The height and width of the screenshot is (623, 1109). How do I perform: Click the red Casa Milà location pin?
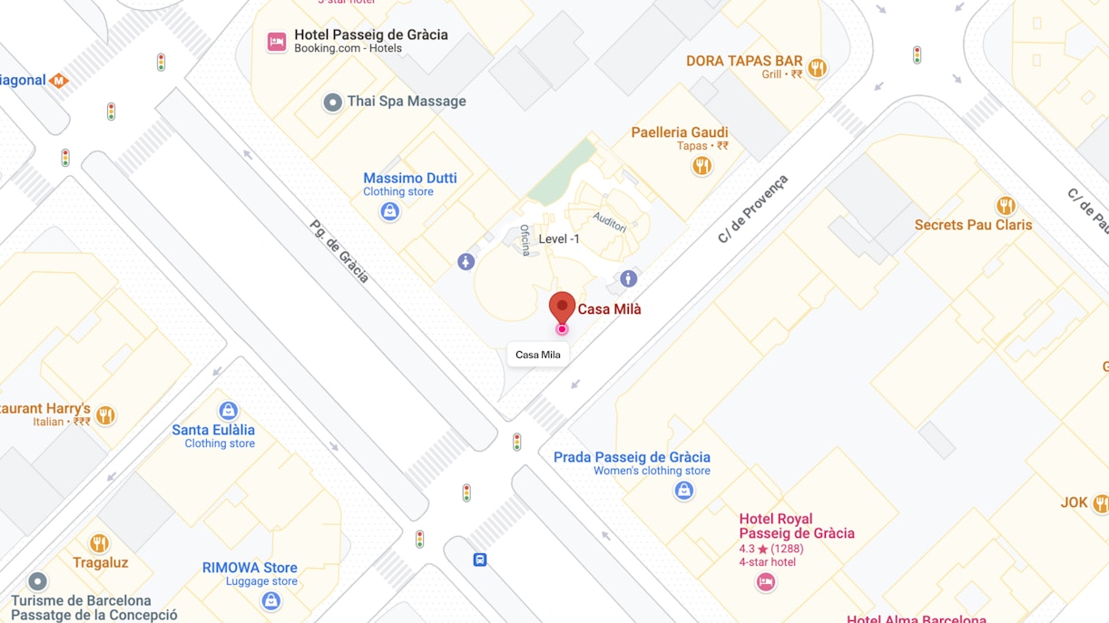point(562,307)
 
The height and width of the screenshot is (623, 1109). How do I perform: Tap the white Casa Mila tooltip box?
point(538,355)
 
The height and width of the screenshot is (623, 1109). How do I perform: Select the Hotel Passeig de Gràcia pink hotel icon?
point(277,42)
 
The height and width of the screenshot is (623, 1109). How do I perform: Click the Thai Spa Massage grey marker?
point(333,102)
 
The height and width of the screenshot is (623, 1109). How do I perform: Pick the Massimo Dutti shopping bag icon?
point(389,211)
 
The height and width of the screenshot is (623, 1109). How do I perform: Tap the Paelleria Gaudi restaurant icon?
point(702,166)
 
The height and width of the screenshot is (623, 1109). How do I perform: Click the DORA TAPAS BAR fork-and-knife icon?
point(817,68)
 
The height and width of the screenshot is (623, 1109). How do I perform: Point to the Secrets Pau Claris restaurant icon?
point(1005,206)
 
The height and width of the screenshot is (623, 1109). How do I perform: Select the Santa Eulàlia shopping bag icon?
point(229,411)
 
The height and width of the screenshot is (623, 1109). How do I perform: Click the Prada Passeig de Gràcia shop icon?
point(684,491)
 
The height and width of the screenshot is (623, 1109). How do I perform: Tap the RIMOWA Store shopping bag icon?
point(270,600)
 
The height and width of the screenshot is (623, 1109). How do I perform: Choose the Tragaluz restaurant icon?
point(100,543)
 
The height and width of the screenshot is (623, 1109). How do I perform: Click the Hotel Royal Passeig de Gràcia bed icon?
point(766,582)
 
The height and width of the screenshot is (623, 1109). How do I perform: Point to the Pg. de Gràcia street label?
point(339,251)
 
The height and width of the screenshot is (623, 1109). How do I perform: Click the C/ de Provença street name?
point(753,209)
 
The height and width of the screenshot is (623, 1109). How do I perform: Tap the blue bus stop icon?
point(480,560)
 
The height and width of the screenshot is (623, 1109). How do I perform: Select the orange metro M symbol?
point(59,81)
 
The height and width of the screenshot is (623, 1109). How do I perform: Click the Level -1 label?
point(559,239)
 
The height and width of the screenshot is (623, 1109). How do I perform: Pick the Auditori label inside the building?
point(610,222)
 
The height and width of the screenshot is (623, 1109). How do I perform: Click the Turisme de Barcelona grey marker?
point(37,580)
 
